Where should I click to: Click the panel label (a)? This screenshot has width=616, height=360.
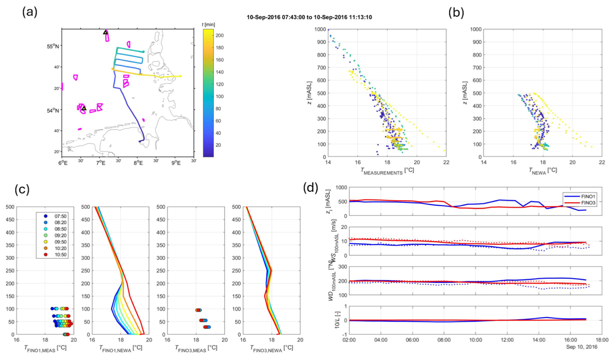pyautogui.click(x=30, y=12)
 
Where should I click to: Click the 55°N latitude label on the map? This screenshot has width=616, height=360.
pyautogui.click(x=52, y=47)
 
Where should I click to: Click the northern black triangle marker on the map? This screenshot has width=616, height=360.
pyautogui.click(x=106, y=33)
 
